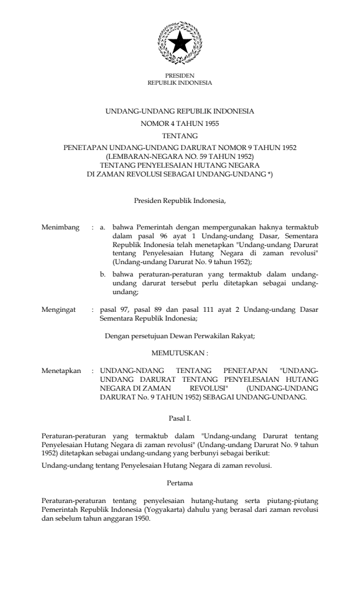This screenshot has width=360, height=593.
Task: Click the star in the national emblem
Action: coord(180,42)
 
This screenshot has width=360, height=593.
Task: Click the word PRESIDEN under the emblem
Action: coord(180,76)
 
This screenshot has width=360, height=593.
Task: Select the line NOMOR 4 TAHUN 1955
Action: coord(180,124)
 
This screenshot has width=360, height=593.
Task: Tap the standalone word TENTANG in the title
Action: coord(180,136)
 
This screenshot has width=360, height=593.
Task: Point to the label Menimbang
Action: coord(61,226)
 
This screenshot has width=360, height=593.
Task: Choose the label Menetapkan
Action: coord(61,372)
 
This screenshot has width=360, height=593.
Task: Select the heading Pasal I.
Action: coord(180,419)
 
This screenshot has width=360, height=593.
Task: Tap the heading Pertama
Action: coord(180,484)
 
